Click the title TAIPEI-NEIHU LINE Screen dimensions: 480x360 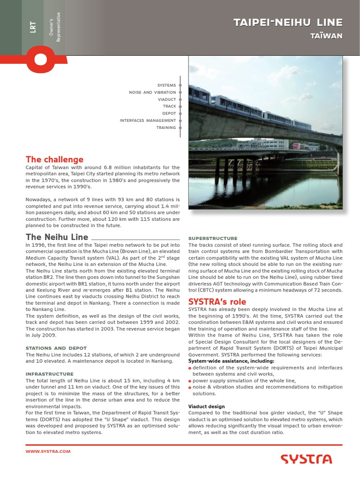pyautogui.click(x=288, y=22)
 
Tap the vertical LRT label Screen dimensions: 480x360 pyautogui.click(x=32, y=27)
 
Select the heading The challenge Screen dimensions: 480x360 pyautogui.click(x=54, y=159)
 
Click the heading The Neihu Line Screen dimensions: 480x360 pyautogui.click(x=57, y=237)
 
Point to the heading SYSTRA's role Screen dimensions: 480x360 pyautogui.click(x=217, y=302)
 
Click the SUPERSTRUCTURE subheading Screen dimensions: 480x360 pyautogui.click(x=213, y=238)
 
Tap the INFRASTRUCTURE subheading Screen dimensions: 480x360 pyautogui.click(x=50, y=374)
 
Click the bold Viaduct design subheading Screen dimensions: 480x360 pyautogui.click(x=206, y=406)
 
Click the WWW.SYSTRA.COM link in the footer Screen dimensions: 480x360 pyautogui.click(x=48, y=451)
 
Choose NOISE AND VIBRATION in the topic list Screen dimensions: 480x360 pyautogui.click(x=152, y=92)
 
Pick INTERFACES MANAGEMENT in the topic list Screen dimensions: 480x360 pyautogui.click(x=148, y=120)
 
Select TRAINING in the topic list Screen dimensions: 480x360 pyautogui.click(x=166, y=127)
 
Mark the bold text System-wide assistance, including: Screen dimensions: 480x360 pyautogui.click(x=225, y=361)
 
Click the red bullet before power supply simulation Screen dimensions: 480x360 pyautogui.click(x=190, y=381)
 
